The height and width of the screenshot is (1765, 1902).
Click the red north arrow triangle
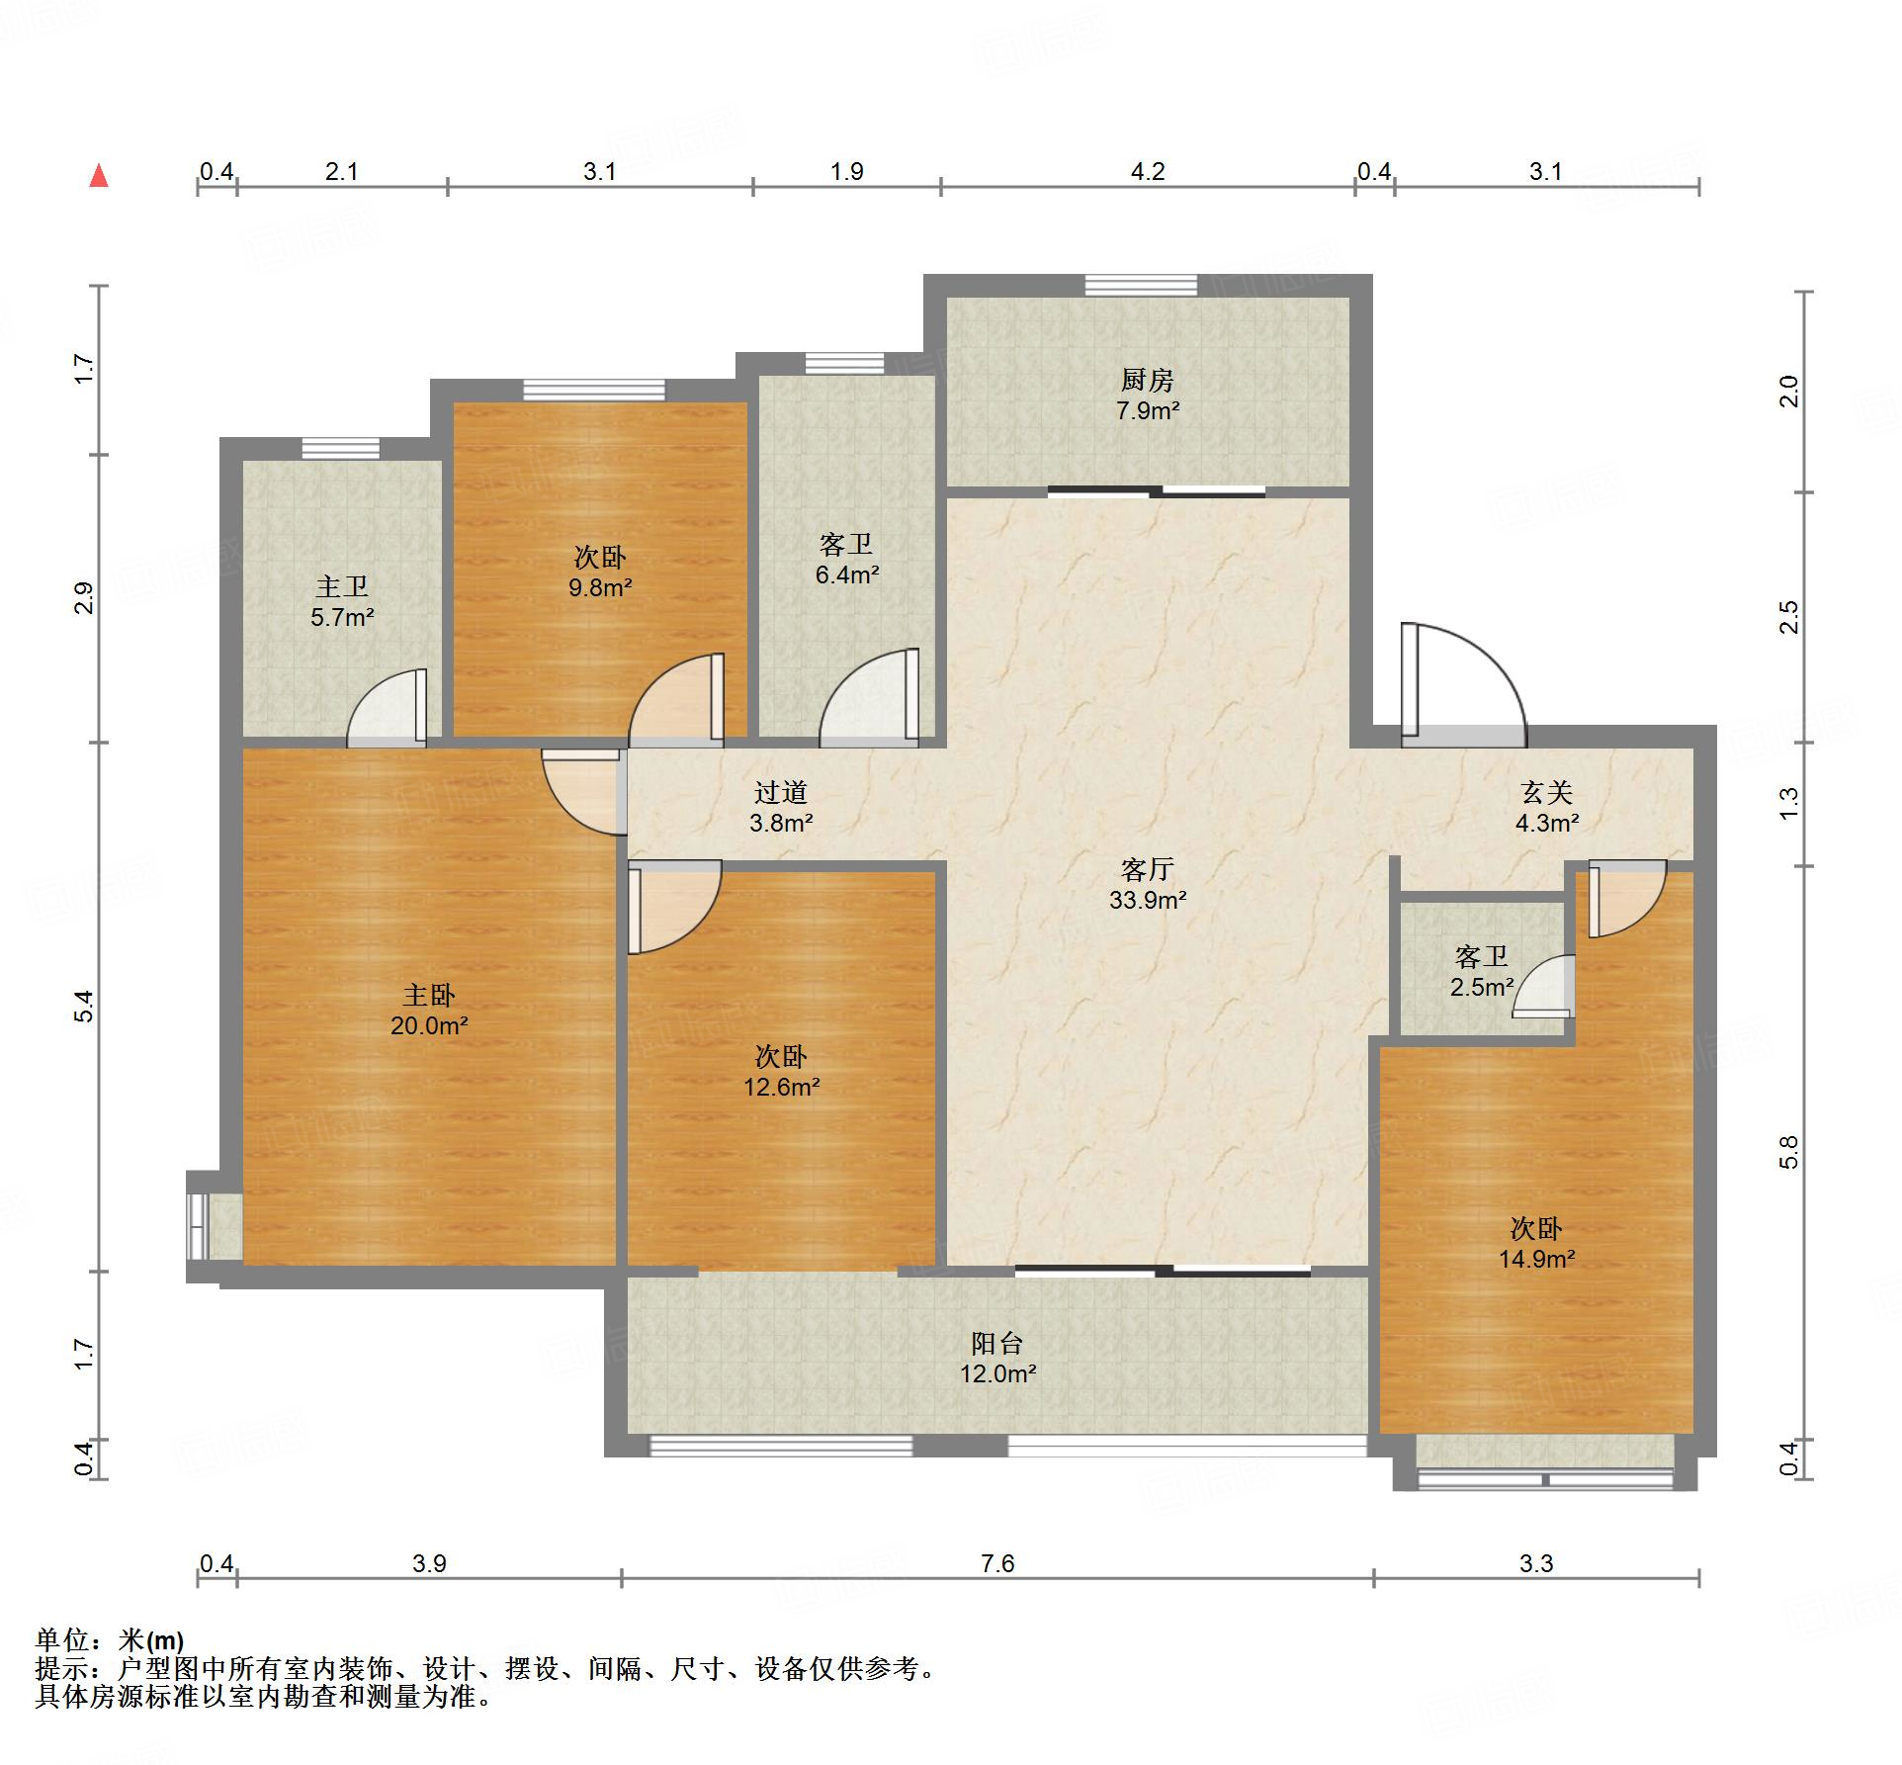99,176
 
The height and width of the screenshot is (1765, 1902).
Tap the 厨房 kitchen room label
1147,380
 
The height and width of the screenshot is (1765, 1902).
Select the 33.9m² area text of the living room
1148,900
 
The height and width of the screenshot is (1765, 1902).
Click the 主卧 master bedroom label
429,995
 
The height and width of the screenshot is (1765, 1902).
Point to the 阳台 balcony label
996,1343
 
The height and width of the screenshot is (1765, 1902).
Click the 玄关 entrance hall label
1546,792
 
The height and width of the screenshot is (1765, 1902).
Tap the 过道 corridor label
781,792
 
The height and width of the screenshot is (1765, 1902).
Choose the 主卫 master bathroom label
342,587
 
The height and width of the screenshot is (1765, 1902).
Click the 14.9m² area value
1536,1259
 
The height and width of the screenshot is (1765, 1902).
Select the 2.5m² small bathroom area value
1482,987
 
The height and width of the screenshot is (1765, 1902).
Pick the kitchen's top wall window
1141,285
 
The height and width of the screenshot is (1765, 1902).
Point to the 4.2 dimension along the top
1148,171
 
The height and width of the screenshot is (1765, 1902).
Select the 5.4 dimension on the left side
85,1006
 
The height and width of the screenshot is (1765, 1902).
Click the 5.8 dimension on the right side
1788,1153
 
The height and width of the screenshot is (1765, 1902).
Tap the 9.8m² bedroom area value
600,587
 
